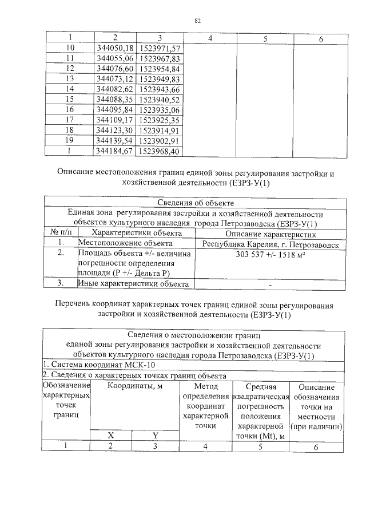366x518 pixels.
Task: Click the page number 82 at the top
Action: point(197,21)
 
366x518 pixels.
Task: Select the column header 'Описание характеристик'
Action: point(270,233)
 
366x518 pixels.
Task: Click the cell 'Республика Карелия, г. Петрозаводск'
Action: point(270,244)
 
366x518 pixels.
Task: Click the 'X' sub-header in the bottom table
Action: point(111,435)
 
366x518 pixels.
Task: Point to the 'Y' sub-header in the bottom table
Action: point(154,435)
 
